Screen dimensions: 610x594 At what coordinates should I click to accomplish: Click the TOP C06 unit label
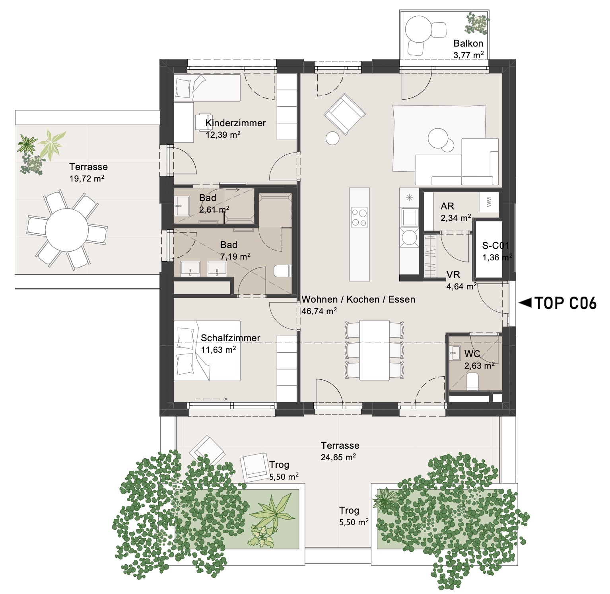(565, 303)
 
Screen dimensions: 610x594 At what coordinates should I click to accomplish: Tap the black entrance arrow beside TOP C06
(525, 303)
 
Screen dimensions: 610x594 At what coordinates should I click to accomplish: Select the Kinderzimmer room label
(235, 123)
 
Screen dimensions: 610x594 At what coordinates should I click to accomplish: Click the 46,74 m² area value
(319, 311)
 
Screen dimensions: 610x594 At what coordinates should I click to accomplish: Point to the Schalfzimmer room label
(231, 338)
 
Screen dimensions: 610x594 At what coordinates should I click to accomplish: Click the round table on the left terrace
(66, 230)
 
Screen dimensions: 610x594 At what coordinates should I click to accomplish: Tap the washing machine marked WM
(489, 202)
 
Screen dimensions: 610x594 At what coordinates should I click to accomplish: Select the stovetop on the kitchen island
(359, 218)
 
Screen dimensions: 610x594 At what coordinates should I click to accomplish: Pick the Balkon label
(468, 43)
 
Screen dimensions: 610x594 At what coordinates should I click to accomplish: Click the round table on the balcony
(418, 29)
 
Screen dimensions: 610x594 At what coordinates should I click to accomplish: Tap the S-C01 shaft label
(495, 246)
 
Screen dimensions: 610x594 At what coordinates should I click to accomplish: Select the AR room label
(447, 206)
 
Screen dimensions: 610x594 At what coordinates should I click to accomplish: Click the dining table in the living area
(374, 350)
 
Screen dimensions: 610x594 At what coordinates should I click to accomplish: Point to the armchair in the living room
(344, 114)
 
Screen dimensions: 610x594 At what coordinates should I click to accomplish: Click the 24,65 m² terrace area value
(338, 457)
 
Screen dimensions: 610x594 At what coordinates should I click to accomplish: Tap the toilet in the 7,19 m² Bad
(283, 271)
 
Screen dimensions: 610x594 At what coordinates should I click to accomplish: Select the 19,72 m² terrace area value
(87, 178)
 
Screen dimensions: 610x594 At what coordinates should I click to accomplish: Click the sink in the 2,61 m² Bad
(183, 205)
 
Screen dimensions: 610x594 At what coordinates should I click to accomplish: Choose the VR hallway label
(453, 274)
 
